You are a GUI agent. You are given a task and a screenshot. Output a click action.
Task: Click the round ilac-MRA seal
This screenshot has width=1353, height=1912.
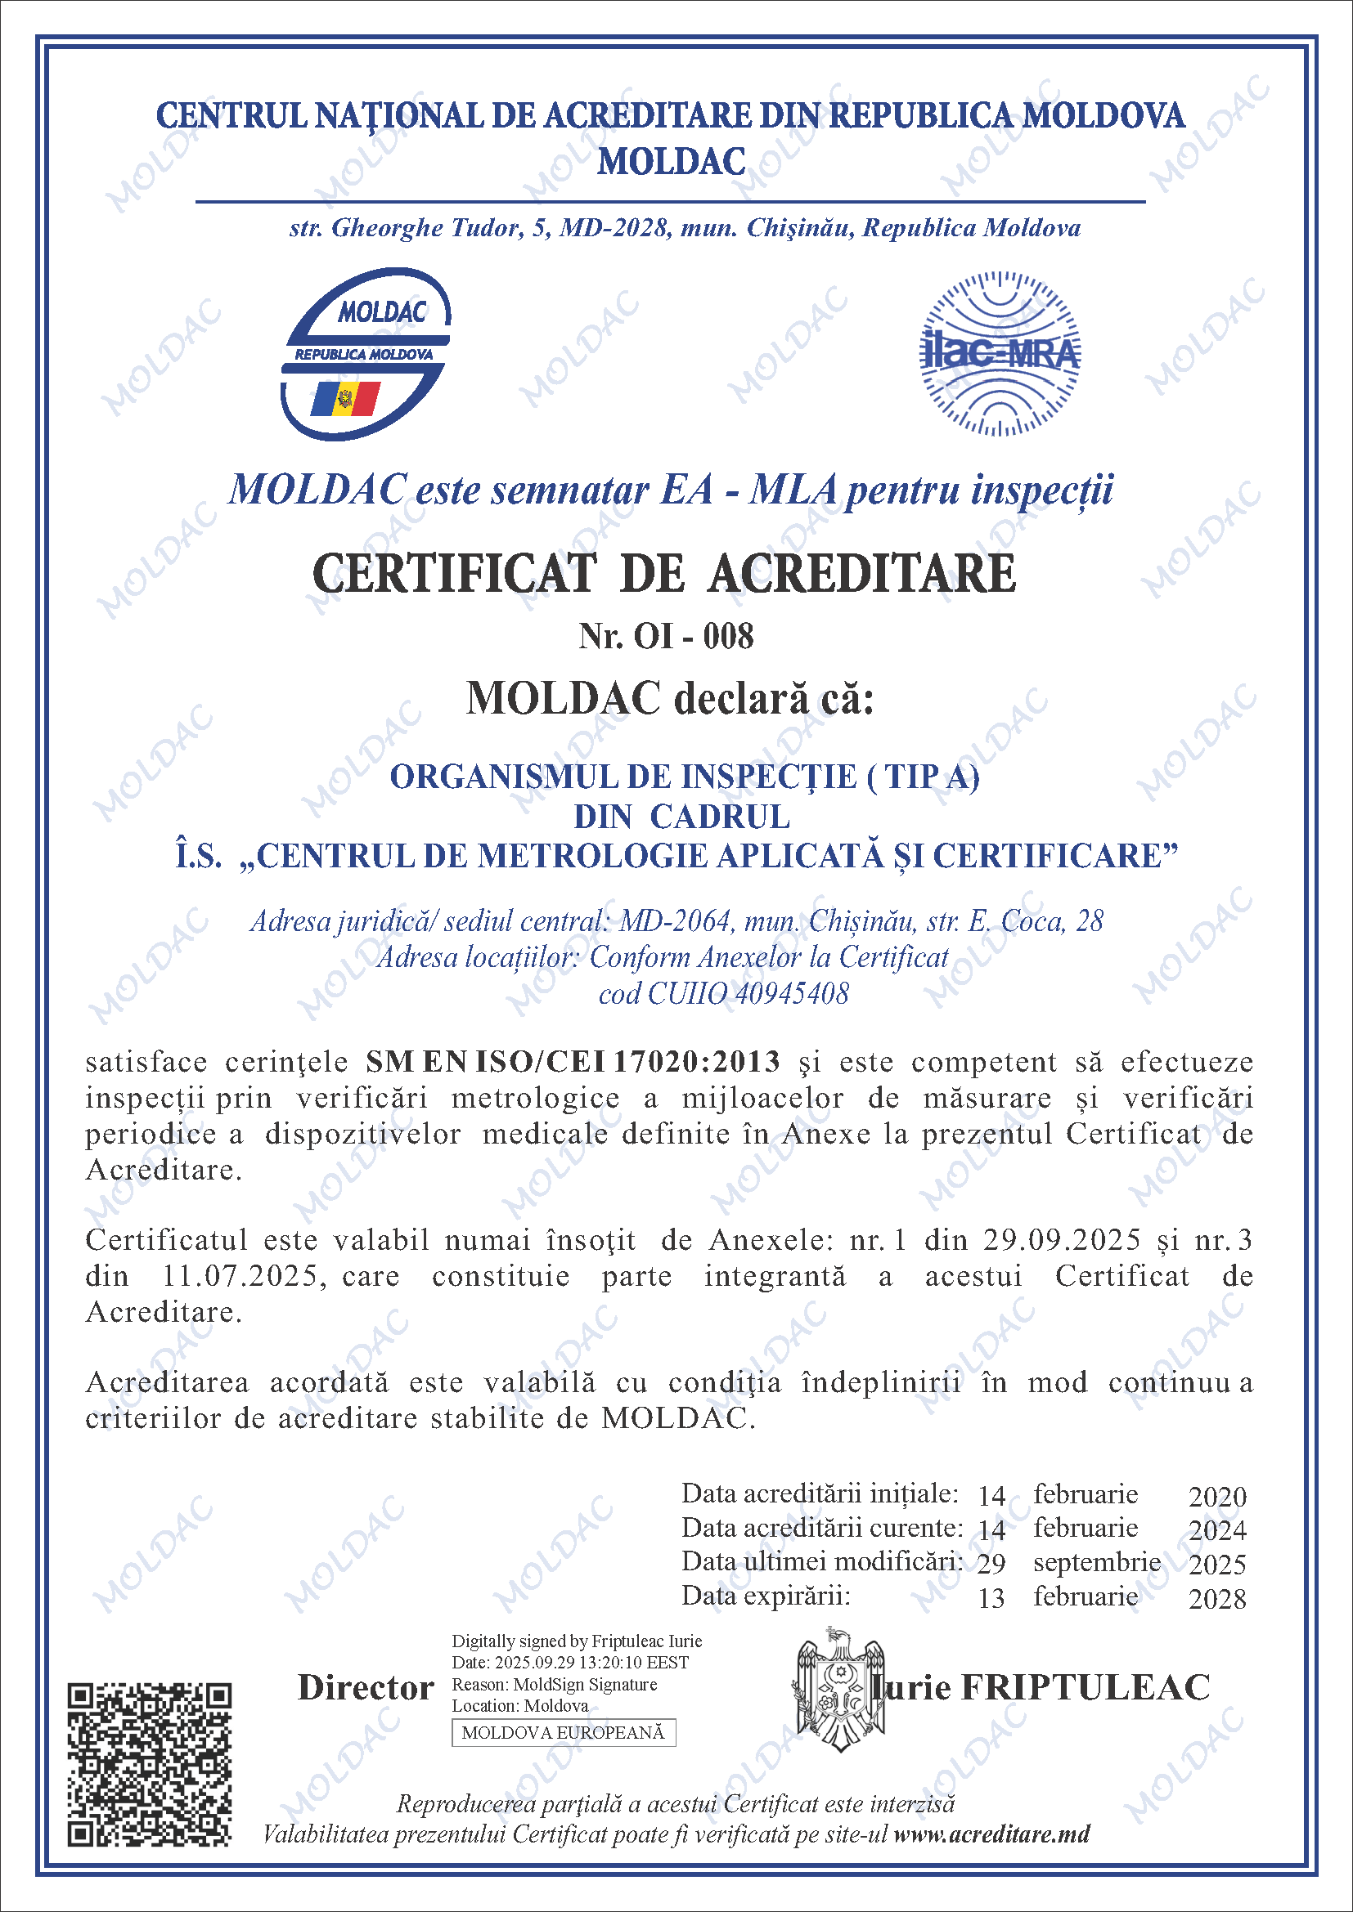click(999, 354)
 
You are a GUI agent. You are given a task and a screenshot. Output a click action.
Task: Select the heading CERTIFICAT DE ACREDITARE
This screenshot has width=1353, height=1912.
click(664, 574)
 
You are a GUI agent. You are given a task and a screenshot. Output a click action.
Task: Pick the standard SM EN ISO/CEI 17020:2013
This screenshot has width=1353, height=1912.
click(573, 1062)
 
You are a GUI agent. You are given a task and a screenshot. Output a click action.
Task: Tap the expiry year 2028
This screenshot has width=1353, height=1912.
click(1217, 1599)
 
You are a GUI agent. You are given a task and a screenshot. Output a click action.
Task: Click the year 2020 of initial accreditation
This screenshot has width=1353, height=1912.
click(1217, 1497)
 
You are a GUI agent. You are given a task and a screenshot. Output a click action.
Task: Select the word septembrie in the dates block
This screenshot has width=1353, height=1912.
click(1096, 1562)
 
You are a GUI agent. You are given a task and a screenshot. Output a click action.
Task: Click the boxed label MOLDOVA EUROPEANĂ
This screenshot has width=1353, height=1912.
click(563, 1733)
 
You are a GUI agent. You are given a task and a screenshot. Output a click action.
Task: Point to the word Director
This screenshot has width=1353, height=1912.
click(366, 1688)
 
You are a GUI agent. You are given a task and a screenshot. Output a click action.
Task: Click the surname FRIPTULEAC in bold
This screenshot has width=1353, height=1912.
click(1086, 1688)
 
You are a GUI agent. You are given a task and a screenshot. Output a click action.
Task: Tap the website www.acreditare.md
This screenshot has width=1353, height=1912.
click(991, 1834)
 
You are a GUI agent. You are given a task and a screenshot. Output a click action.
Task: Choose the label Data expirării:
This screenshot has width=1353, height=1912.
click(766, 1596)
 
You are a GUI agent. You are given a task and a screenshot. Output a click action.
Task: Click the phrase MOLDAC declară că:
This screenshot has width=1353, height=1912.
click(670, 698)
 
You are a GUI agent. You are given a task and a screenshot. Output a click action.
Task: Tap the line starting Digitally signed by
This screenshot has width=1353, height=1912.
click(577, 1641)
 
